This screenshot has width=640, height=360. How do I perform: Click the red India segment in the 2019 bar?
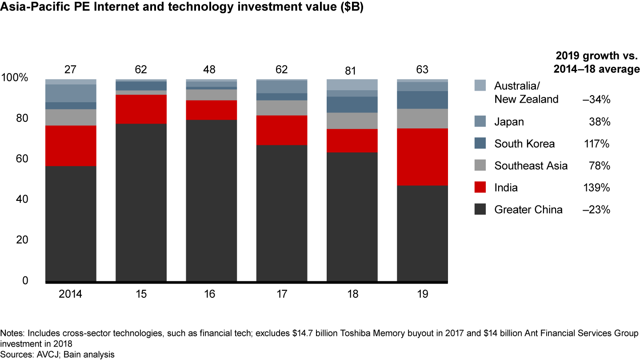(x=422, y=157)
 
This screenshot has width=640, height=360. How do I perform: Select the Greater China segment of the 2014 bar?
(x=71, y=224)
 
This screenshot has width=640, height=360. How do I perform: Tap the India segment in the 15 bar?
(x=141, y=109)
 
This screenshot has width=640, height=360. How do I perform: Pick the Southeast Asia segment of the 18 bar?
(x=352, y=120)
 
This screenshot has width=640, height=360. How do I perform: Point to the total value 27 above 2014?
(x=71, y=70)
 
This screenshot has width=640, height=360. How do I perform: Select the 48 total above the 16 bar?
(x=211, y=70)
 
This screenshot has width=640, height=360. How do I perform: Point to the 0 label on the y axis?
(x=25, y=280)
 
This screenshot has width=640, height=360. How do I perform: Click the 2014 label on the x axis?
(x=71, y=294)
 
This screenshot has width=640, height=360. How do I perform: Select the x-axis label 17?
(x=282, y=294)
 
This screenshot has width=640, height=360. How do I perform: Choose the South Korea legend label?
(x=524, y=144)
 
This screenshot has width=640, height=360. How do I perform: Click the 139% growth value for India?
(x=597, y=188)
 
